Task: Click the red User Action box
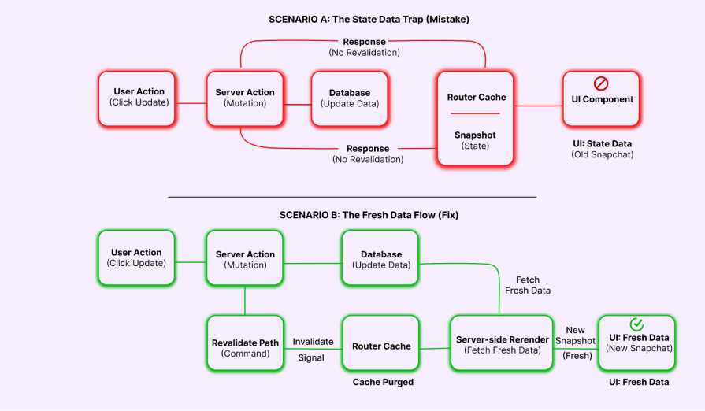139,98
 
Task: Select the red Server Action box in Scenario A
245,98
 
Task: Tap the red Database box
349,98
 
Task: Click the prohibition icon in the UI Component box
602,83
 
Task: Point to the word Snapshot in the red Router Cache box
475,135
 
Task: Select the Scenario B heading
369,215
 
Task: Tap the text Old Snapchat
602,154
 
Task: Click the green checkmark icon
637,324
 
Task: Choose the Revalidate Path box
245,343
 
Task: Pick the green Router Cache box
381,343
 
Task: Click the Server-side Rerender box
502,343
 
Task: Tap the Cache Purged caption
383,382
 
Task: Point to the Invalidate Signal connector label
313,349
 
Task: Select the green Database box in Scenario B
381,259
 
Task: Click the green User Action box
137,257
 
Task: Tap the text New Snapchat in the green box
639,348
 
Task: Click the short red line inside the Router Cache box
475,113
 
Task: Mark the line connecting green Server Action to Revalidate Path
245,300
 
